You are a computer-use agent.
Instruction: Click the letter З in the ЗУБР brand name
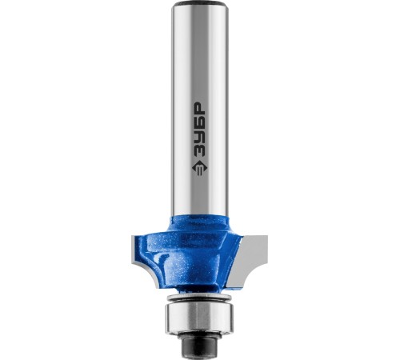[x=199, y=151]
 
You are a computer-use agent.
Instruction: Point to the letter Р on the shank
[x=199, y=109]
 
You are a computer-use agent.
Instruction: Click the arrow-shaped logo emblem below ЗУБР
[x=199, y=169]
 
